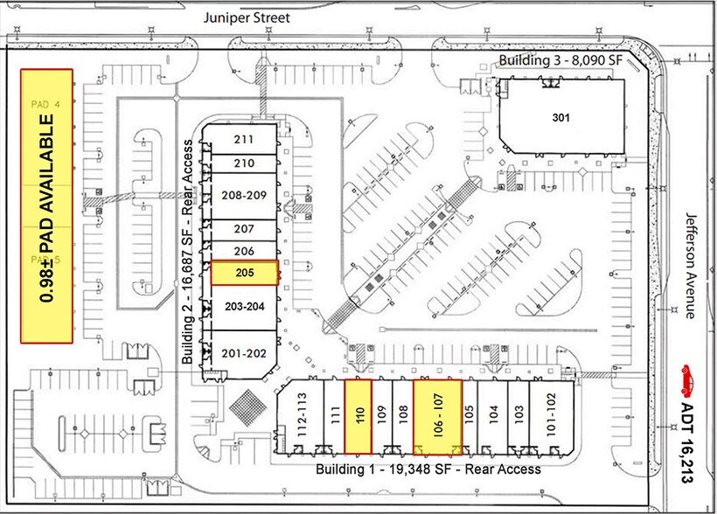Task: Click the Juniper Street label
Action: point(247,17)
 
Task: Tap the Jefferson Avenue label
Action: point(690,266)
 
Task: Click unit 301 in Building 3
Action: point(560,116)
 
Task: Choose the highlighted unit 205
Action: point(244,273)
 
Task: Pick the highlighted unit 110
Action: point(358,417)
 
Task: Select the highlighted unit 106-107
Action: point(437,417)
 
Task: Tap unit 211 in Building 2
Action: point(244,140)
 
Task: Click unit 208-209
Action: point(244,195)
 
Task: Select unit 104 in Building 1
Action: point(494,416)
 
